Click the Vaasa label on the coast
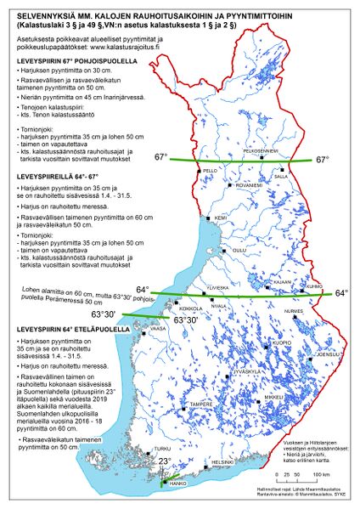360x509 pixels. (157, 328)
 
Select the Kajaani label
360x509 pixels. (282, 281)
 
